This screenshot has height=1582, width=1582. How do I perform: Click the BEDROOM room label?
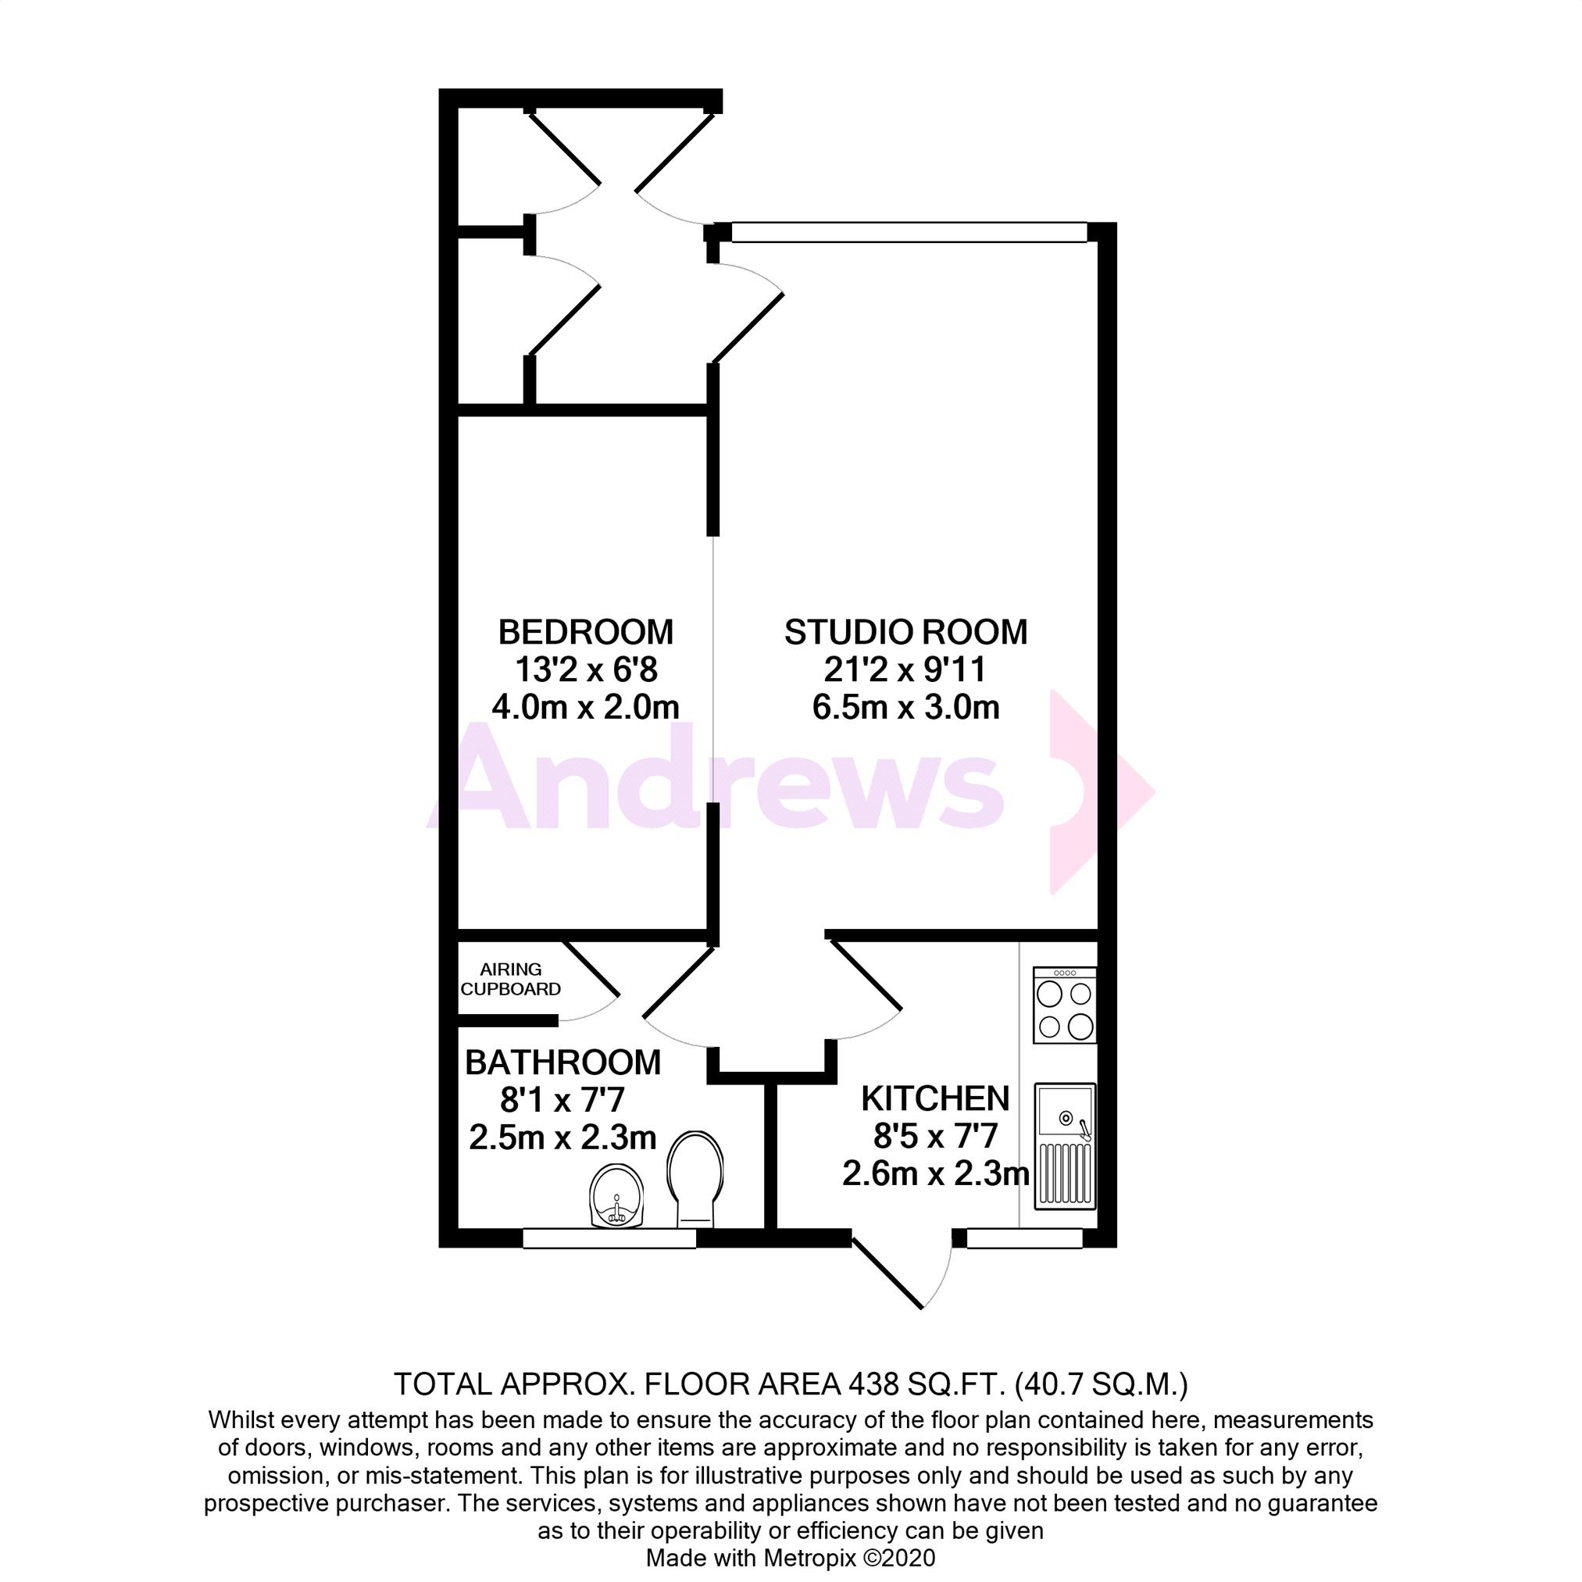pyautogui.click(x=585, y=632)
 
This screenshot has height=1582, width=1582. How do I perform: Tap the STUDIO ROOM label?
pyautogui.click(x=905, y=632)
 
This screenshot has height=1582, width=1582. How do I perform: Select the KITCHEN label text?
pyautogui.click(x=935, y=1099)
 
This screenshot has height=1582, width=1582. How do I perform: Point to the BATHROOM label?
pyautogui.click(x=562, y=1062)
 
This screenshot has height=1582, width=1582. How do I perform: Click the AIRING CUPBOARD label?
pyautogui.click(x=510, y=980)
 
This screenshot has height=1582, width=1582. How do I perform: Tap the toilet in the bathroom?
pyautogui.click(x=695, y=1179)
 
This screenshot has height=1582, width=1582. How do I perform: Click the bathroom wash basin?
pyautogui.click(x=616, y=1197)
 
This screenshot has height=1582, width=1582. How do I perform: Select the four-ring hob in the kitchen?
pyautogui.click(x=1065, y=1005)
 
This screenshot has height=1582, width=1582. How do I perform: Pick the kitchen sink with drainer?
pyautogui.click(x=1065, y=1146)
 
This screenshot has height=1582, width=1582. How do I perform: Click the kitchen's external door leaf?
pyautogui.click(x=887, y=1273)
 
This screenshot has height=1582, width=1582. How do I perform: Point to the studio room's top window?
pyautogui.click(x=909, y=234)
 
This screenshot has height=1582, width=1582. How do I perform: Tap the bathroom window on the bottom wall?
pyautogui.click(x=609, y=1238)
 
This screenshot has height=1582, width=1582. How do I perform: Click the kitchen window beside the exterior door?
pyautogui.click(x=1024, y=1238)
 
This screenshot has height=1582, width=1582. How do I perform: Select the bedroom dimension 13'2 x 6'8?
pyautogui.click(x=585, y=670)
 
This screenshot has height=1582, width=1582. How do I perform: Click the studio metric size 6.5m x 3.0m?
pyautogui.click(x=905, y=708)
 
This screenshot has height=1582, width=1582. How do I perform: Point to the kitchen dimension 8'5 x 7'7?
pyautogui.click(x=935, y=1137)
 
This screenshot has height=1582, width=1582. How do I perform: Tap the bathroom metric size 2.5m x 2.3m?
pyautogui.click(x=562, y=1138)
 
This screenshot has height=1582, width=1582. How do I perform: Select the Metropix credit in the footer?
pyautogui.click(x=790, y=1558)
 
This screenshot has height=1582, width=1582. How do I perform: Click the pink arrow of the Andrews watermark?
pyautogui.click(x=1098, y=792)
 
